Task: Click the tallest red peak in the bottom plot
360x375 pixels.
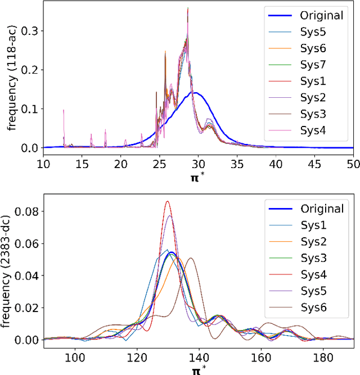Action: click(x=167, y=201)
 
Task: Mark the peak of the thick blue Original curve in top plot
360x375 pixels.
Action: click(x=193, y=92)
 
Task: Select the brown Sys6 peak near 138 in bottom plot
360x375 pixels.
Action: click(x=190, y=258)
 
